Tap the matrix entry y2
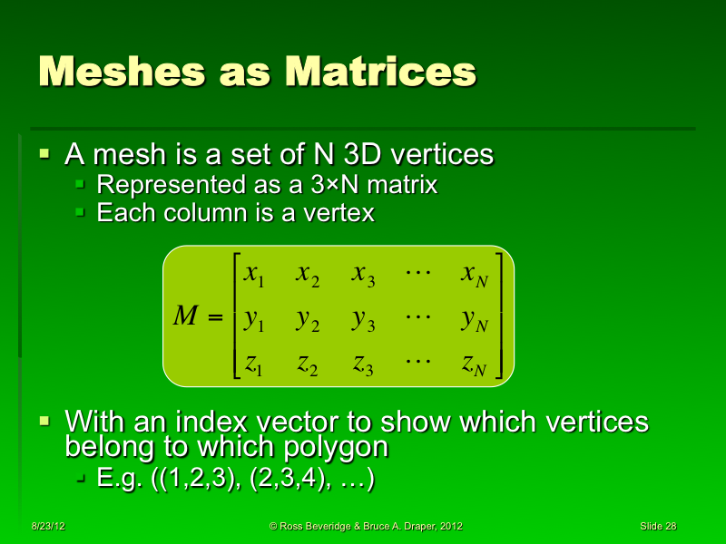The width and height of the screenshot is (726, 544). pos(308,318)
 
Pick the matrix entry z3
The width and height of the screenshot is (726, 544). pos(364,364)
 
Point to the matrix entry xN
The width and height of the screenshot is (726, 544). pos(475,275)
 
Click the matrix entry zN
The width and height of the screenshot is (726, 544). pos(475,364)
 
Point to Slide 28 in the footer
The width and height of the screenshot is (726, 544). pos(658,526)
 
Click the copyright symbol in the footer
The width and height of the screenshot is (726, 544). pos(274,526)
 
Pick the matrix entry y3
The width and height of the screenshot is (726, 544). pos(364,318)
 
